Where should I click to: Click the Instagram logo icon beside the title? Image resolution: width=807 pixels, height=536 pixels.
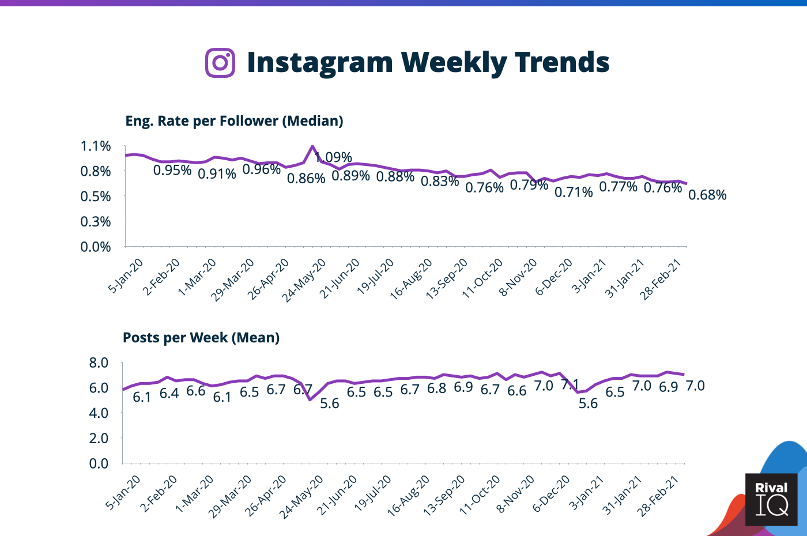coord(220,62)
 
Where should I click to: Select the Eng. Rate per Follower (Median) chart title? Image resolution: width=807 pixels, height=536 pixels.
coord(234,121)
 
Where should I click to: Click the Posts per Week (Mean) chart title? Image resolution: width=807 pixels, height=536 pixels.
coord(201,338)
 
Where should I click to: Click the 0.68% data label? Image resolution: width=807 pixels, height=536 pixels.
coord(707,195)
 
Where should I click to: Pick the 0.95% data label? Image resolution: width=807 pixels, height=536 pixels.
coord(172,170)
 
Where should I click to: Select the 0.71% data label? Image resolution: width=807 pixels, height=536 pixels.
coord(574,192)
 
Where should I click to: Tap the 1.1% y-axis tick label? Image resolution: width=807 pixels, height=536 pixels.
coord(96,146)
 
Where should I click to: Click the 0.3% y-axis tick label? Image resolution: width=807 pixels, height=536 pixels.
coord(96,221)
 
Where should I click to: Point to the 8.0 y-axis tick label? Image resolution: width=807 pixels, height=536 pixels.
coord(99,363)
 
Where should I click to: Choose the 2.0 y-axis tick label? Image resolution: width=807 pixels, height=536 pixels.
coord(99,438)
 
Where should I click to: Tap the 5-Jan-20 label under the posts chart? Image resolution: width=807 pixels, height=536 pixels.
coord(123,493)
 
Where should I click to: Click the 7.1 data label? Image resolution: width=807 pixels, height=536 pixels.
coord(570,384)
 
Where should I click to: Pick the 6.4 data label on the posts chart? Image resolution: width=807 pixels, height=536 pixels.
coord(169,394)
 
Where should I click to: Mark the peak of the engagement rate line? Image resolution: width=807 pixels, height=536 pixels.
coord(312,146)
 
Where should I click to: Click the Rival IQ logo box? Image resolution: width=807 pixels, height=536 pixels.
coord(771,499)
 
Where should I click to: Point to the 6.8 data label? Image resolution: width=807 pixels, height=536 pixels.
coord(436,388)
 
